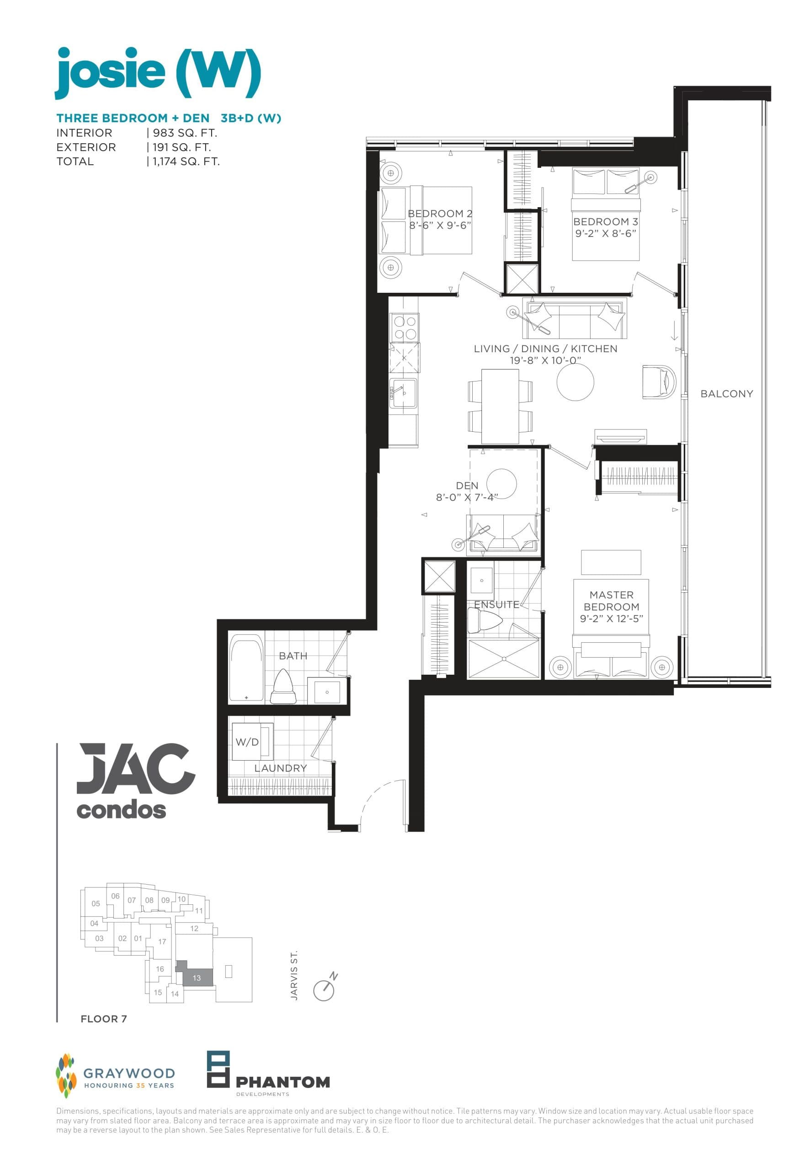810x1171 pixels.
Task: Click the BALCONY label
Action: (x=726, y=393)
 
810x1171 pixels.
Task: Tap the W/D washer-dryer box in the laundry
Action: (x=252, y=742)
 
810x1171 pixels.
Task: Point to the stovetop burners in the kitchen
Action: (x=405, y=328)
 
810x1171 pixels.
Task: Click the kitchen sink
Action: (x=404, y=392)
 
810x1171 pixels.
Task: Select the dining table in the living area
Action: (x=500, y=406)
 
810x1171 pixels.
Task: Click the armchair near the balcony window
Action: (x=658, y=381)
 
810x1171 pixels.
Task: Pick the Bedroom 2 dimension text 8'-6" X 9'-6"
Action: (x=441, y=226)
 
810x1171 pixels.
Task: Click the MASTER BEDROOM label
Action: (x=611, y=600)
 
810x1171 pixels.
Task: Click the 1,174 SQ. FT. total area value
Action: (x=186, y=161)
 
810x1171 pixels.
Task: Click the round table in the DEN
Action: (x=501, y=483)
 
